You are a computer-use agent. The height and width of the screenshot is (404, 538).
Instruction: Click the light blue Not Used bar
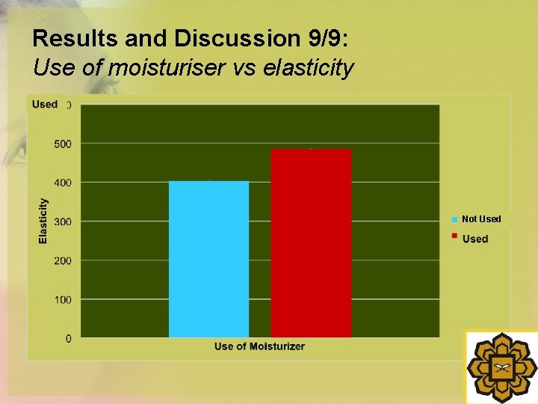point(208,259)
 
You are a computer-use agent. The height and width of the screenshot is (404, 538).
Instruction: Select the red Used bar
point(311,243)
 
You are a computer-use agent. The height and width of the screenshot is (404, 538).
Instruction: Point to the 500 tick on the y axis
point(63,144)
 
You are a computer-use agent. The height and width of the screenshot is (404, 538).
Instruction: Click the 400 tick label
point(63,183)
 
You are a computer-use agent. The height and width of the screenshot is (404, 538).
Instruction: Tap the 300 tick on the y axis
point(63,221)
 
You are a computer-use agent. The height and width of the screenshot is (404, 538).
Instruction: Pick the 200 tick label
point(63,261)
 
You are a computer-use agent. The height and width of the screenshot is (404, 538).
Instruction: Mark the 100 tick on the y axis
point(63,300)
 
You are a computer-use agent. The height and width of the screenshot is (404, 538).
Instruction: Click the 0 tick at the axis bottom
point(69,339)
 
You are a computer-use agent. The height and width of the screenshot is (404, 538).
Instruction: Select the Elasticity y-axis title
point(43,220)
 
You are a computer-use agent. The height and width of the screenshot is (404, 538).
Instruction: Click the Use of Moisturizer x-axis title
point(259,346)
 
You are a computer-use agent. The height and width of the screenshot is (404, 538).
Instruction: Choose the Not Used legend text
point(481,219)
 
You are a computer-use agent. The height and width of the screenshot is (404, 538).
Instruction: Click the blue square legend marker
point(454,219)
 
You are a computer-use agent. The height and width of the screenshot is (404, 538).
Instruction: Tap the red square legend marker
point(454,237)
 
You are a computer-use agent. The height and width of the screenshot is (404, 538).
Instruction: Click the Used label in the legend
point(475,239)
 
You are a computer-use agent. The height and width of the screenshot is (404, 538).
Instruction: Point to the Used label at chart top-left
point(45,104)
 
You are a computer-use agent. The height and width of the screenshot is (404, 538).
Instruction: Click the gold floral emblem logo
point(501,367)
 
